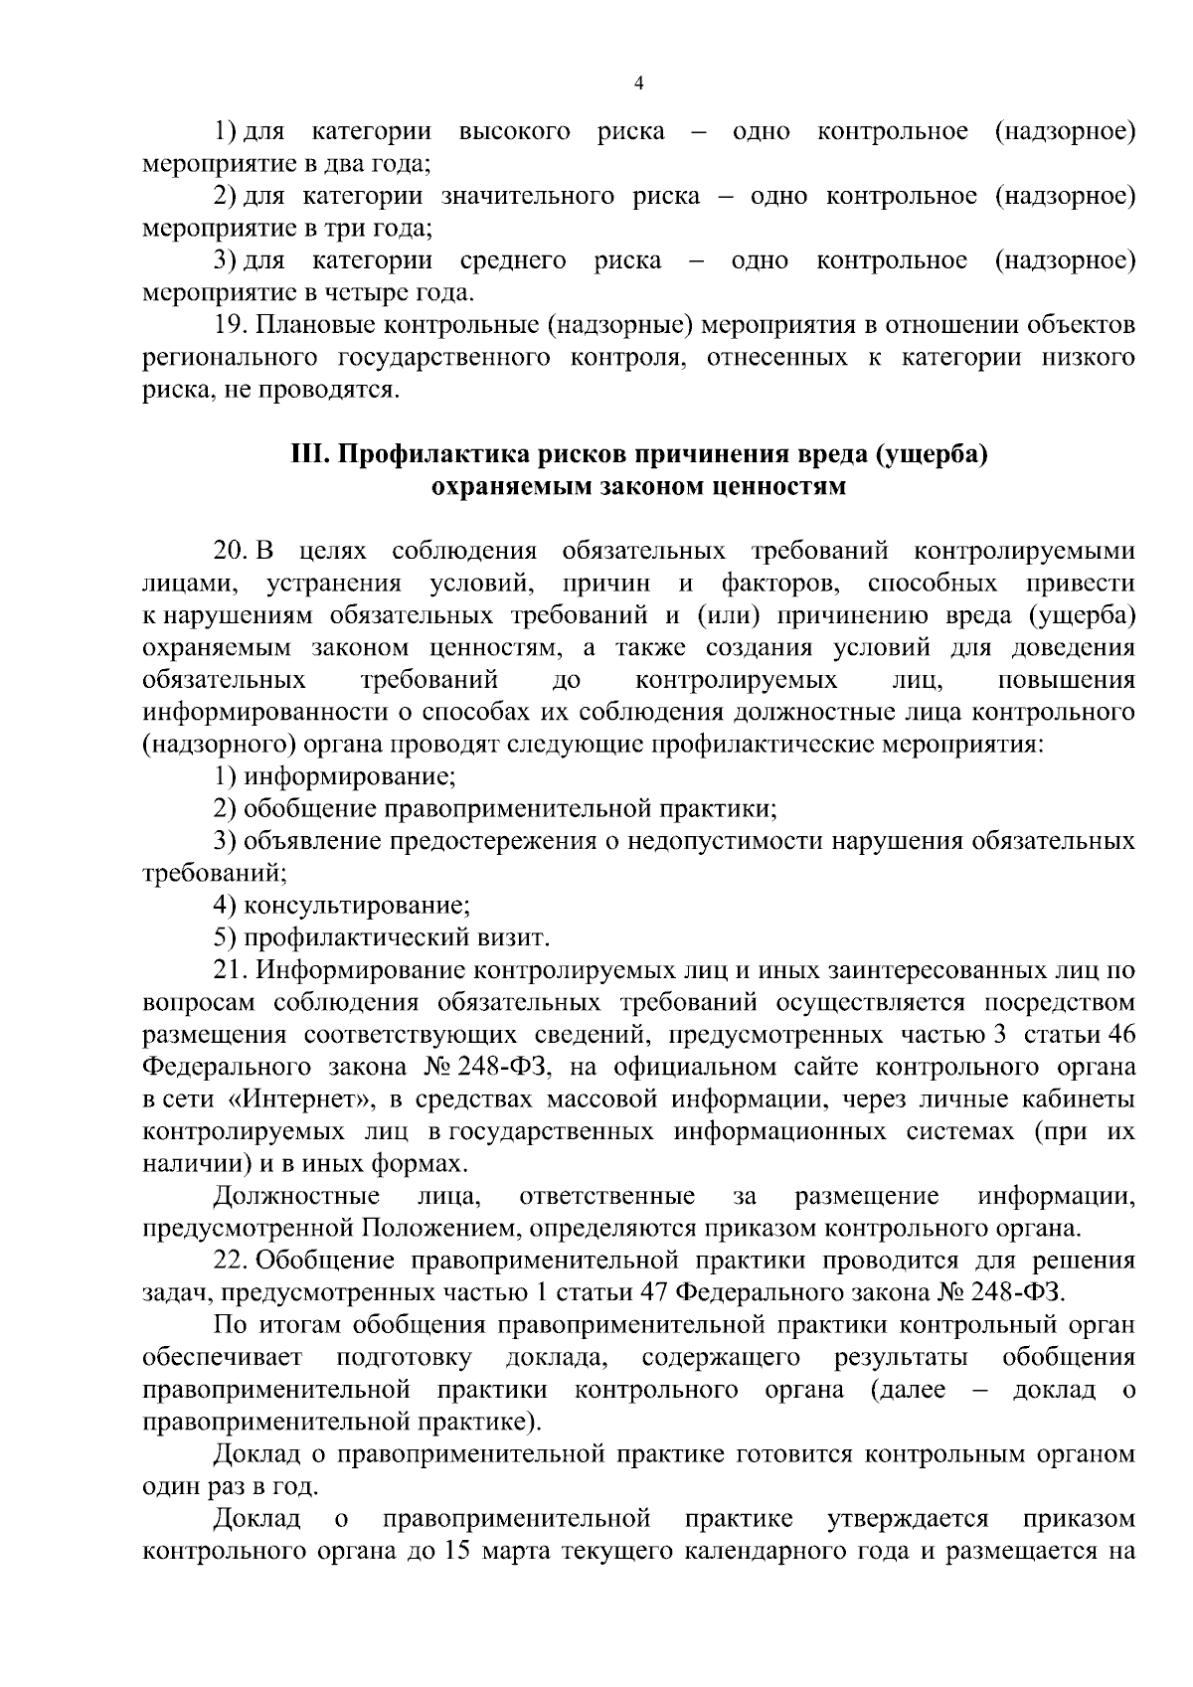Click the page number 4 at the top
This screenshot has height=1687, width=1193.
(x=639, y=84)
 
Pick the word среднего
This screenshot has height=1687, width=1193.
(x=514, y=260)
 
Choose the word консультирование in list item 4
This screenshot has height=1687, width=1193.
(x=357, y=906)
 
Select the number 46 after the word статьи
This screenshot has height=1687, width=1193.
(x=1120, y=1034)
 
